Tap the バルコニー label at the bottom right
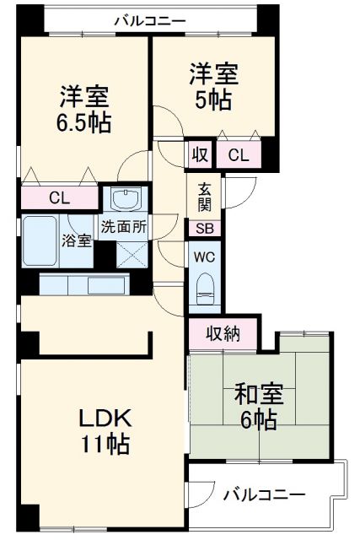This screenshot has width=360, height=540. click(x=264, y=496)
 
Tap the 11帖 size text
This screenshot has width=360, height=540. click(x=105, y=445)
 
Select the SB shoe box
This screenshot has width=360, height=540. click(x=205, y=228)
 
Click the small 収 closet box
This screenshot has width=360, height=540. click(x=200, y=154)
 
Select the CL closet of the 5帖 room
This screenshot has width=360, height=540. click(x=239, y=154)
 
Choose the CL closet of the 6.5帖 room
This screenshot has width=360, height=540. click(x=59, y=198)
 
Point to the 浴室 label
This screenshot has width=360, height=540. click(x=75, y=240)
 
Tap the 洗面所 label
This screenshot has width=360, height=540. click(x=124, y=226)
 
